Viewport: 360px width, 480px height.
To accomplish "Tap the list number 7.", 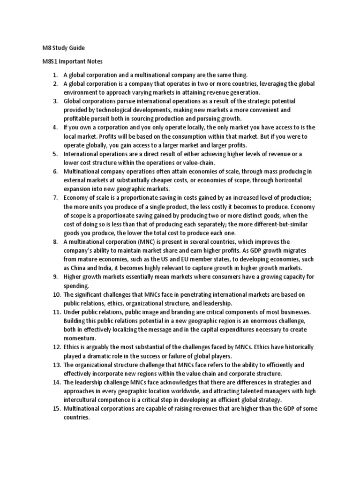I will tap(55, 198).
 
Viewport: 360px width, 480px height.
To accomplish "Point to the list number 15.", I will tap(56, 408).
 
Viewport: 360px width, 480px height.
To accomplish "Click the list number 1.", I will tap(55, 75).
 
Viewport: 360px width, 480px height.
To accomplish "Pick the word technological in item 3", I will tap(111, 110).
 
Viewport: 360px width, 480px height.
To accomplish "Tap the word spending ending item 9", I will tap(76, 285).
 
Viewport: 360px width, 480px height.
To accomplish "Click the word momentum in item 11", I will tap(80, 338).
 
